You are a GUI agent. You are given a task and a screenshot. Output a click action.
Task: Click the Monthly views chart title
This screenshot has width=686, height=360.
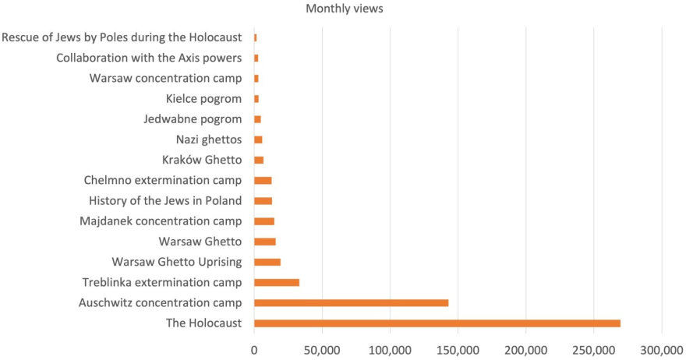[344, 9]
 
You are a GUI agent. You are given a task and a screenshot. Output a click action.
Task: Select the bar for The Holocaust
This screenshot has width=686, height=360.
[437, 323]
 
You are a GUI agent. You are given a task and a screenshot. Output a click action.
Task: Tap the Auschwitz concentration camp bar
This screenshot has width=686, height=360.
[351, 303]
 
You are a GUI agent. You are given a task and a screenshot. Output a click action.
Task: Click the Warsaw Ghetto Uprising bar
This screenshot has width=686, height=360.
[267, 262]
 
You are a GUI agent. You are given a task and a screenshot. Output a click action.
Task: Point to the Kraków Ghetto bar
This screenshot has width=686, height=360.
[259, 160]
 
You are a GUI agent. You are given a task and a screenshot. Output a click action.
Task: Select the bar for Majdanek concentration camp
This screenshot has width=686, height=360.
[264, 221]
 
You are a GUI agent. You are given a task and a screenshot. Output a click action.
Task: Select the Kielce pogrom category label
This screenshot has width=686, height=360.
[203, 99]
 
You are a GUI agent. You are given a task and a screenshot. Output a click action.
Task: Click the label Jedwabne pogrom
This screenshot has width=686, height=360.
[193, 119]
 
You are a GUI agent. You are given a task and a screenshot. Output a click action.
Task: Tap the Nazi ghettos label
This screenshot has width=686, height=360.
[209, 139]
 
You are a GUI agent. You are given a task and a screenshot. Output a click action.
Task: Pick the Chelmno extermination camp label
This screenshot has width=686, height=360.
[163, 180]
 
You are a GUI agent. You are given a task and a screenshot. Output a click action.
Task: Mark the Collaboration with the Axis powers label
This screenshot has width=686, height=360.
[149, 58]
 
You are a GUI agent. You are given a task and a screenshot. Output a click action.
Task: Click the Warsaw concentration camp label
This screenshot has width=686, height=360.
[165, 78]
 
